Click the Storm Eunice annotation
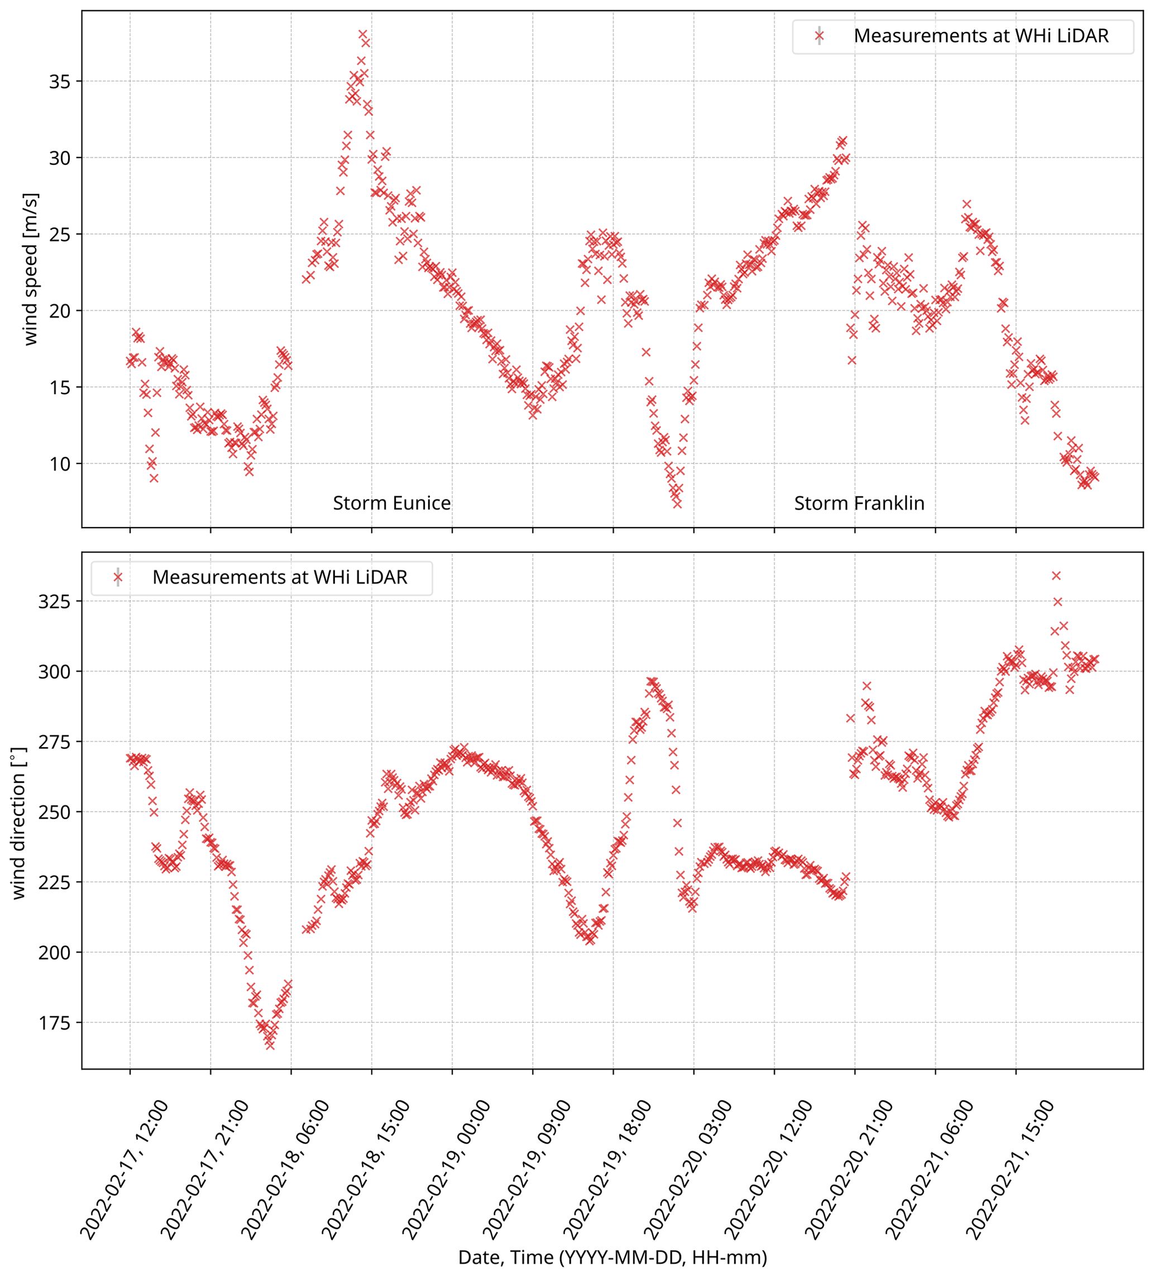click(391, 503)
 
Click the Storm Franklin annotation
click(859, 503)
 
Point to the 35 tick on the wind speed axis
click(60, 82)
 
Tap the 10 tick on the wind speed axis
click(60, 463)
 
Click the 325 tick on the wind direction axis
click(55, 601)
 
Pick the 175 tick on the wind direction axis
click(55, 1023)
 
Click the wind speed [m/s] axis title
click(30, 269)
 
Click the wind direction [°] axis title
click(19, 822)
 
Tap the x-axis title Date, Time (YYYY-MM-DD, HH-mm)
click(612, 1257)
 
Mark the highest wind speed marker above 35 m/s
click(362, 34)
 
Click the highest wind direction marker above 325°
click(1056, 575)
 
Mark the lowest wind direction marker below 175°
click(270, 1045)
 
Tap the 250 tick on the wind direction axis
click(55, 812)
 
